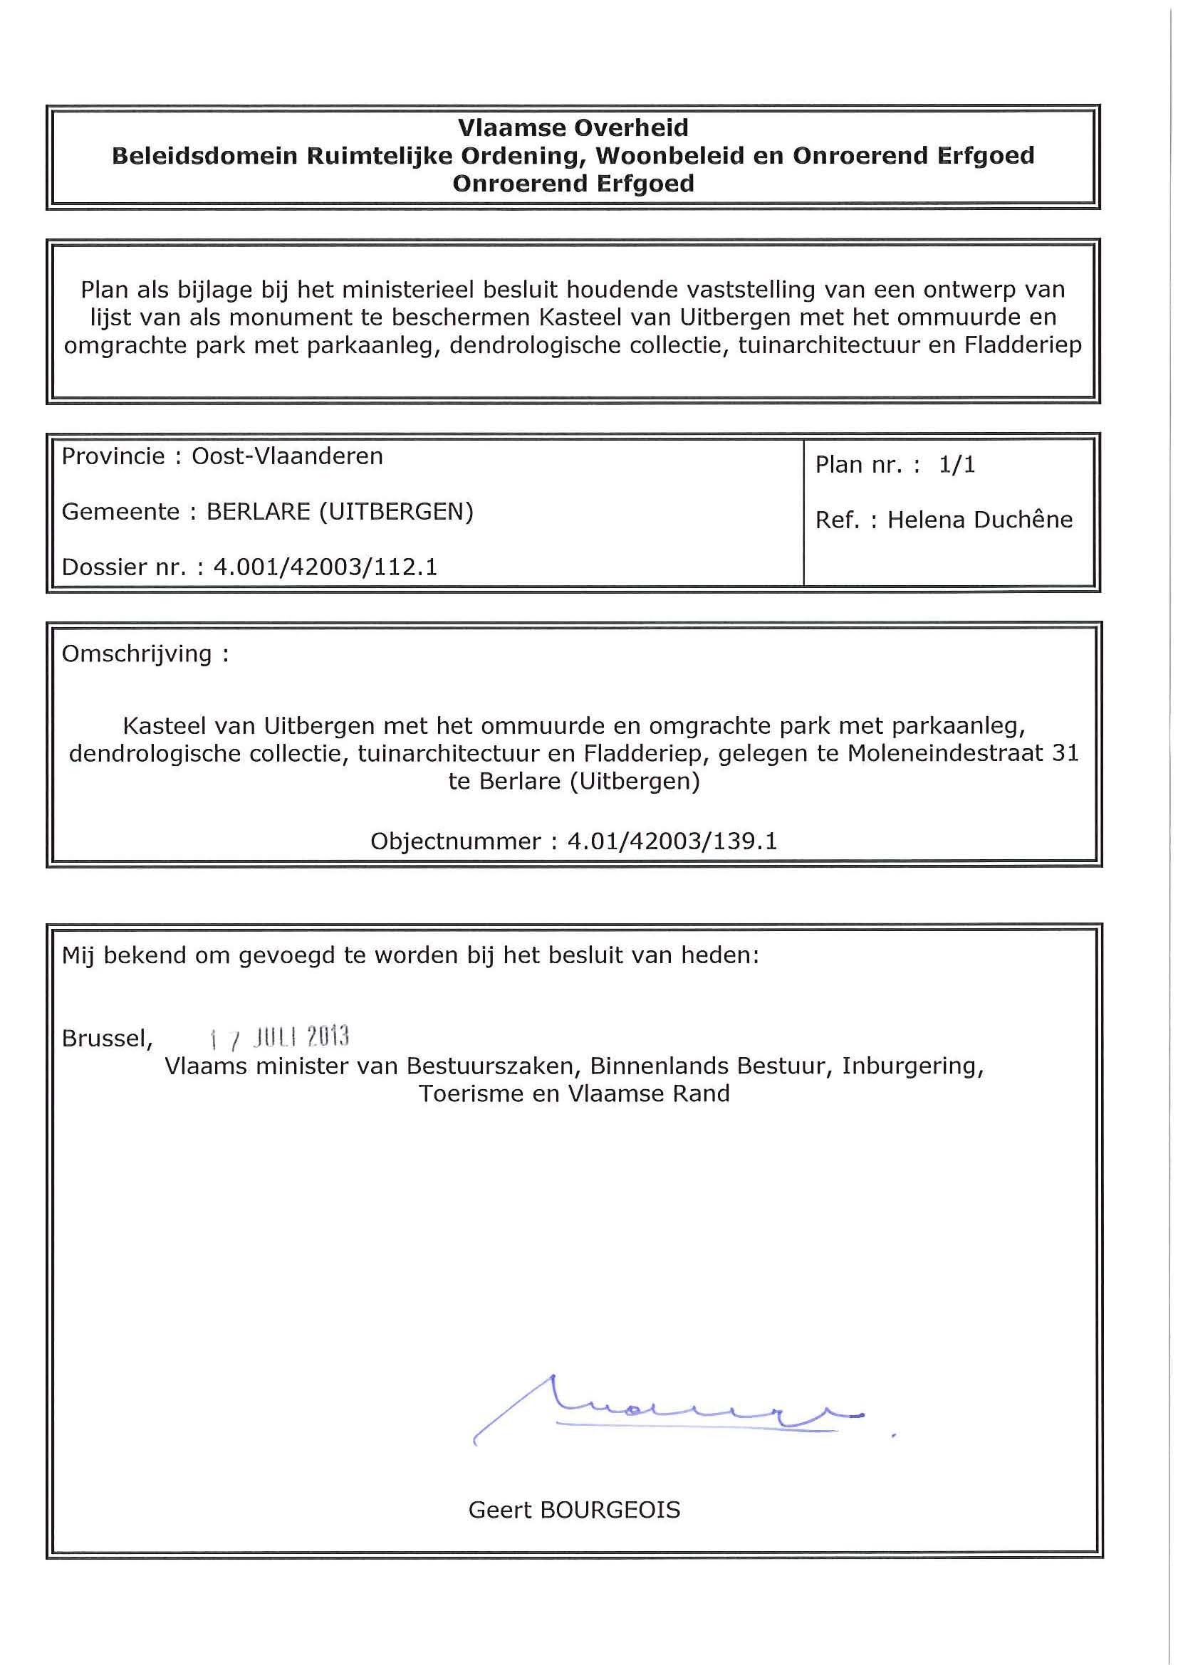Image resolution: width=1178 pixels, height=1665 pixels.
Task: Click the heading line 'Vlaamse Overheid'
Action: click(x=573, y=127)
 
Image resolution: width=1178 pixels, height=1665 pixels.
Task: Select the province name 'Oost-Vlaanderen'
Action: click(x=287, y=456)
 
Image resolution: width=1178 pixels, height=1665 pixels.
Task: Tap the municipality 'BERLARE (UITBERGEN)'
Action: click(x=340, y=512)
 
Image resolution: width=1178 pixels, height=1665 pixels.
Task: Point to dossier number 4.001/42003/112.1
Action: click(x=325, y=567)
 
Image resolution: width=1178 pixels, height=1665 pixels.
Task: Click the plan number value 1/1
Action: click(x=957, y=465)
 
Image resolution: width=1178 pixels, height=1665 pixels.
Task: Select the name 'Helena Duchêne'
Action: click(x=979, y=520)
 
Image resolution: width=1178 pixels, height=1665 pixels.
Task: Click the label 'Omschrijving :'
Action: click(x=145, y=654)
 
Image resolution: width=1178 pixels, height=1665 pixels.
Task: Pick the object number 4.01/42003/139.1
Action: click(x=672, y=841)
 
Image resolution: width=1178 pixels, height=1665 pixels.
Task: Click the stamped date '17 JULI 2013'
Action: click(x=279, y=1038)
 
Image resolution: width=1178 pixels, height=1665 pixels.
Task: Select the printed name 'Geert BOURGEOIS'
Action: click(x=574, y=1510)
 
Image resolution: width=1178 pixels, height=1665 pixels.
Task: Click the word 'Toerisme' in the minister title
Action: click(x=471, y=1093)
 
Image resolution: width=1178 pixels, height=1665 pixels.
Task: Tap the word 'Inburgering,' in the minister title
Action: click(x=912, y=1066)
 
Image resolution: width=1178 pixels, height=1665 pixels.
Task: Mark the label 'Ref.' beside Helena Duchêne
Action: click(x=836, y=520)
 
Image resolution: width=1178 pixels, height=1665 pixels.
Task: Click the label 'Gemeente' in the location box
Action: click(x=120, y=512)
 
